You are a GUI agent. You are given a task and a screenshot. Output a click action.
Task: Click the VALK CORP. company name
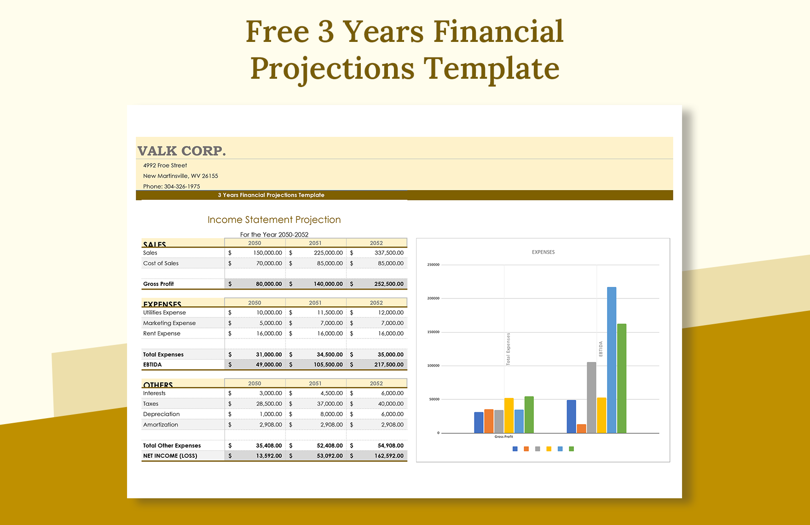(x=181, y=151)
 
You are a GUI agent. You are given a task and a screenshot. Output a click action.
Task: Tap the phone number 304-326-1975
(x=182, y=187)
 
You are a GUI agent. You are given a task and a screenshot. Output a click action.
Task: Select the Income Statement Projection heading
(x=274, y=220)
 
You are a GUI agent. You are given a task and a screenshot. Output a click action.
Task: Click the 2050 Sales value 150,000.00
(x=267, y=253)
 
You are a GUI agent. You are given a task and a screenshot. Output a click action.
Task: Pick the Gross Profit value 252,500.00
(x=388, y=284)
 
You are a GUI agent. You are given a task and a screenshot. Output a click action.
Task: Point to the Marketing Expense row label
(x=169, y=323)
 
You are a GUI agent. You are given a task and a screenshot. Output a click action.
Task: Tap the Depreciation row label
(x=161, y=414)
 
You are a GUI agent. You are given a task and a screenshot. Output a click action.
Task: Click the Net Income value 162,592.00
(x=388, y=456)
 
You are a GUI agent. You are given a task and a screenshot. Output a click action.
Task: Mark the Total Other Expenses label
(x=172, y=446)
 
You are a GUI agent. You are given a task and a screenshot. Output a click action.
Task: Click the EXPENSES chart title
(x=543, y=252)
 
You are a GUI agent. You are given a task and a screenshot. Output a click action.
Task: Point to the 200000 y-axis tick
(x=433, y=298)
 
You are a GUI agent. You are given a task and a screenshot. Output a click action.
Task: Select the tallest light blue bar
(x=611, y=359)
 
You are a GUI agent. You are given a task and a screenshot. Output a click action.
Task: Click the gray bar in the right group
(x=591, y=397)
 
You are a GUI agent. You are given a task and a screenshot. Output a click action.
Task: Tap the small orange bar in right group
(x=581, y=429)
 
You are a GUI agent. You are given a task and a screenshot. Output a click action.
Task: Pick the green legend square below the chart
(x=571, y=449)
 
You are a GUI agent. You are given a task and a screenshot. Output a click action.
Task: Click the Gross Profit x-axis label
(x=503, y=437)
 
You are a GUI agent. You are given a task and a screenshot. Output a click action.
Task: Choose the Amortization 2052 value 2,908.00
(x=392, y=425)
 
